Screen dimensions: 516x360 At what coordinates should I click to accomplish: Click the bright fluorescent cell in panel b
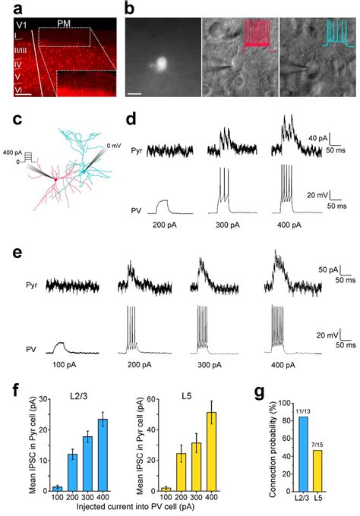(162, 64)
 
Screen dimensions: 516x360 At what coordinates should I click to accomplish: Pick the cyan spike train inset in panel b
(337, 33)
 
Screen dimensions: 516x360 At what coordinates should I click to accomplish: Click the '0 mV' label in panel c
(113, 145)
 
